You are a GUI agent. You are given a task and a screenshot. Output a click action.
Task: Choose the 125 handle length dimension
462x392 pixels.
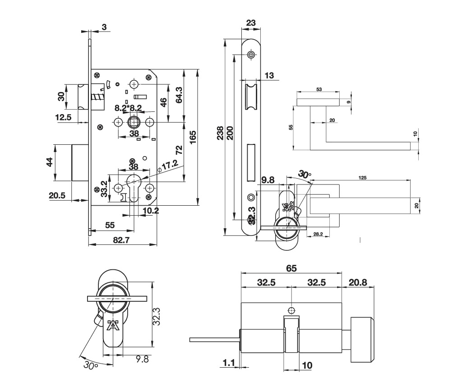362,178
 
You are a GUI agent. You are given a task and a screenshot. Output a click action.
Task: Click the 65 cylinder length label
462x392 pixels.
291,268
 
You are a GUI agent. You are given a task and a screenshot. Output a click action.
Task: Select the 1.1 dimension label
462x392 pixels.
229,362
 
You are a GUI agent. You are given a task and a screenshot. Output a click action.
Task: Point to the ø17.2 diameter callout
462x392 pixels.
168,166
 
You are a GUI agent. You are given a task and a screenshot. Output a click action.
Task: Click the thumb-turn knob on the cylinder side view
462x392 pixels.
361,340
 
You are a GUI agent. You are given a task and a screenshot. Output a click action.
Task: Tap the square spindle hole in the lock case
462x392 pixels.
134,122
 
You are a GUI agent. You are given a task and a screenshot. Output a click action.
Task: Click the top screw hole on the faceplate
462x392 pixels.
251,55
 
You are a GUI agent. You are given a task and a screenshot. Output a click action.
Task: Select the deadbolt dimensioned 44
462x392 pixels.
79,162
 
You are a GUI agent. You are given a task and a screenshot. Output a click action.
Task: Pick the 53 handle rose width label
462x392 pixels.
319,90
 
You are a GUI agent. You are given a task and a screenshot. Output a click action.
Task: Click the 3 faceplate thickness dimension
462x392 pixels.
104,28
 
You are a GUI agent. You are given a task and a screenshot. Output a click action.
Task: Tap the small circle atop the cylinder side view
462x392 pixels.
291,310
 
